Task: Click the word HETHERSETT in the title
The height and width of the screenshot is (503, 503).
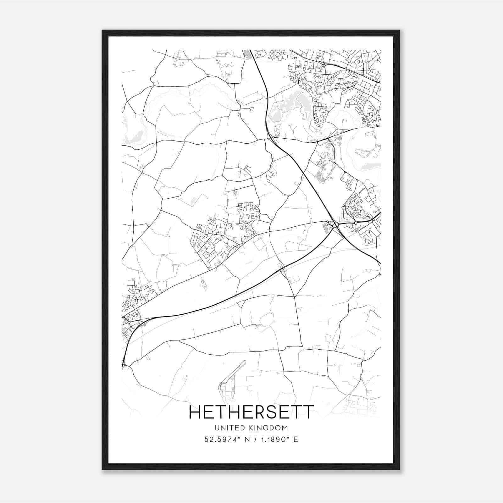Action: [251, 412]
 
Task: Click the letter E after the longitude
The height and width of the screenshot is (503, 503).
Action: [296, 439]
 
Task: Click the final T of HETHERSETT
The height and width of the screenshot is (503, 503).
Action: [309, 412]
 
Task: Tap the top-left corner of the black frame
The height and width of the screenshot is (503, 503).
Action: [102, 31]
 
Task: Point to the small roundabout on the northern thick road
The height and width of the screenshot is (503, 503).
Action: [324, 65]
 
